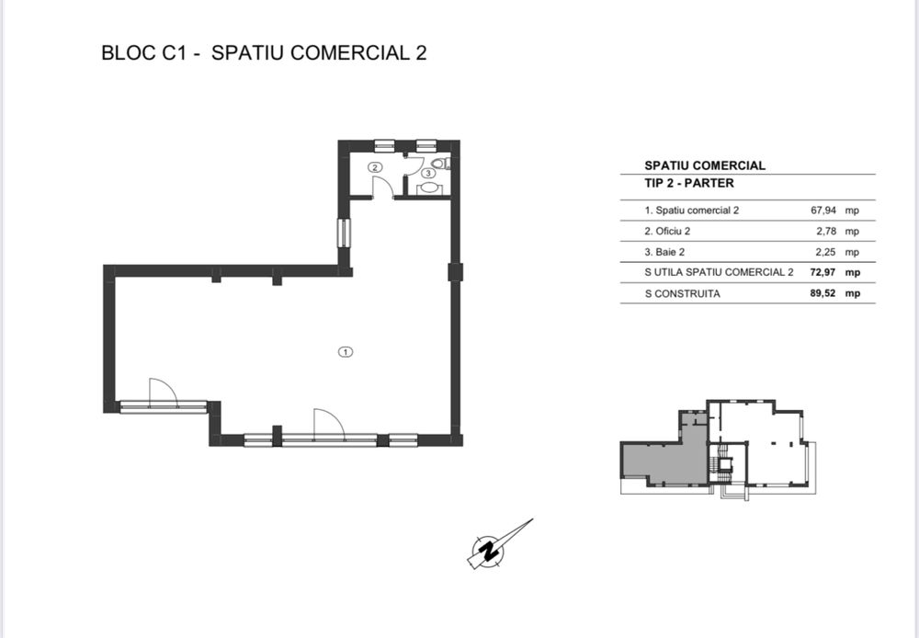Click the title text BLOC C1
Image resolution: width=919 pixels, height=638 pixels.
point(148,52)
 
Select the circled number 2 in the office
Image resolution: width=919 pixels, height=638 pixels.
point(374,167)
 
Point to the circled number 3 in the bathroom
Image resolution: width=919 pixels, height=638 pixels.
point(428,173)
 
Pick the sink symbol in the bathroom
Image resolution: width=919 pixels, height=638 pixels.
point(428,188)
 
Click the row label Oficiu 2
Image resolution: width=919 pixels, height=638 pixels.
point(672,231)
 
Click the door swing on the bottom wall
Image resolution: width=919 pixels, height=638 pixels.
point(327,422)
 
